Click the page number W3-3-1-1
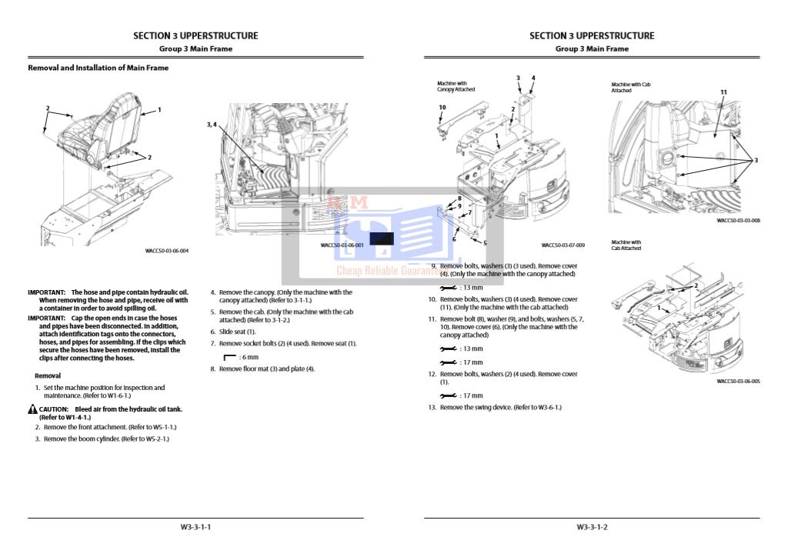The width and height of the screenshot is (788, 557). pos(195,527)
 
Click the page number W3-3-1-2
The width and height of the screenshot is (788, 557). pos(592,527)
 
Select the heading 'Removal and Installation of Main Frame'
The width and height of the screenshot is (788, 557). pos(98,68)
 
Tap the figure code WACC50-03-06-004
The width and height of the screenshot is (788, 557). pos(166,251)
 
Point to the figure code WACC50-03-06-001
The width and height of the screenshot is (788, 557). pos(342,245)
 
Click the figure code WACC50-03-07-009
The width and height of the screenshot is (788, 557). pos(563,245)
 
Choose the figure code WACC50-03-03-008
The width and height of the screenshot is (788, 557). pos(738,220)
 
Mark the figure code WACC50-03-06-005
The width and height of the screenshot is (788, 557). pos(738,381)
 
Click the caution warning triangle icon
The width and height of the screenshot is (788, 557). pos(32,409)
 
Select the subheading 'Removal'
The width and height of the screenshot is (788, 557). pos(48,375)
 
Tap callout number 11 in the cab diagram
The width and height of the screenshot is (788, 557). pos(723,92)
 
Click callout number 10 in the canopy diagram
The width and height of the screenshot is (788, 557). pos(442,108)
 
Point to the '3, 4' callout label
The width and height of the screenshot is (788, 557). pos(212,124)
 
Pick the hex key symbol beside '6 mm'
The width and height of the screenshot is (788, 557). pos(229,357)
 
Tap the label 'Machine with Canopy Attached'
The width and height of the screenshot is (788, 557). pos(456,86)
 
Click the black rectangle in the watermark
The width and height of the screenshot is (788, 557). pos(382,238)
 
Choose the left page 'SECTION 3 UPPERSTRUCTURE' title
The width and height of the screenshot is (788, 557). pos(195,35)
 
